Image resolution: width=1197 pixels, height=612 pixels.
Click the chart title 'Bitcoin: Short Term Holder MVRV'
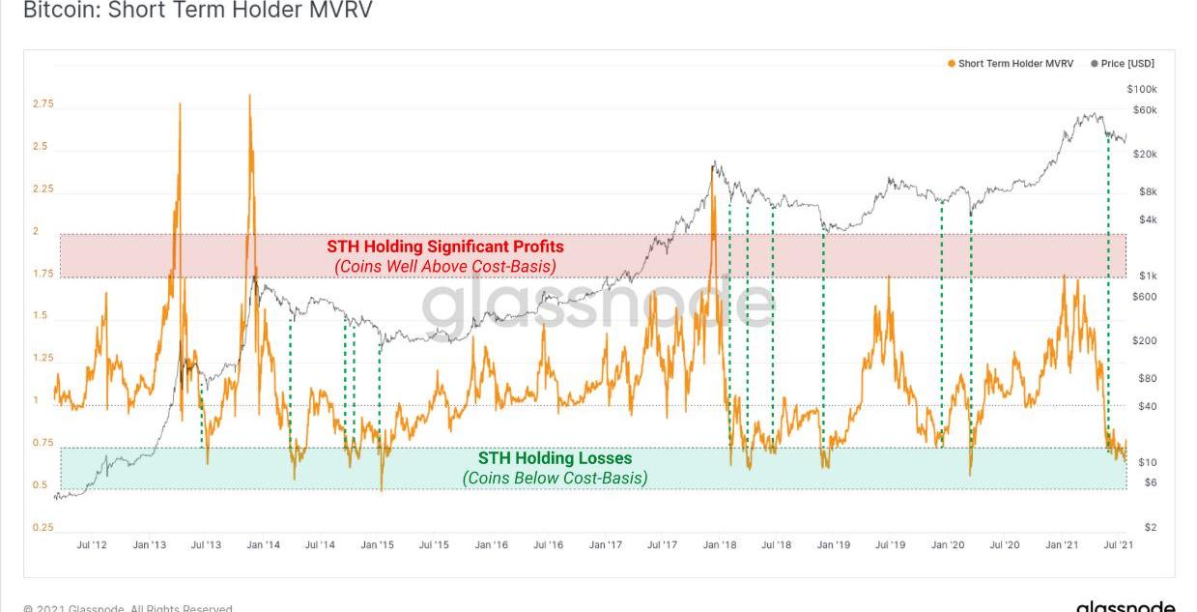click(197, 11)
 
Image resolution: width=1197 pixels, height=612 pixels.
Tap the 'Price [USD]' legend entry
click(1127, 64)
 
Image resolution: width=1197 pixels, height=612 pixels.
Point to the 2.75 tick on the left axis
click(43, 104)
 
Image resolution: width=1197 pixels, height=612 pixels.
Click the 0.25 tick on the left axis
click(43, 528)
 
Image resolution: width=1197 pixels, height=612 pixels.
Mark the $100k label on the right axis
click(1142, 89)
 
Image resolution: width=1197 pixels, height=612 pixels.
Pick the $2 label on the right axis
click(1151, 528)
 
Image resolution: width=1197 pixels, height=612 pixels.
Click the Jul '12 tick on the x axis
click(92, 545)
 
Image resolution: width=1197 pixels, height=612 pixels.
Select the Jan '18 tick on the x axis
click(719, 545)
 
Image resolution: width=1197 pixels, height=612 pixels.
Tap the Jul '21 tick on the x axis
click(1119, 545)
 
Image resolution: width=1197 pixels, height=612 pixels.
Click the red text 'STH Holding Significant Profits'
click(444, 247)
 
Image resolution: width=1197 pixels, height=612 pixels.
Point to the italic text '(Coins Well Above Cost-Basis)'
click(444, 266)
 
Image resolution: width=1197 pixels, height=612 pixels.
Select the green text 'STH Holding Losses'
click(555, 458)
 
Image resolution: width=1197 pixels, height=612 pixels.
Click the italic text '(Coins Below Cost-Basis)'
click(555, 478)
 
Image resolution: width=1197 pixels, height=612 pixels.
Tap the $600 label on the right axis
click(1144, 297)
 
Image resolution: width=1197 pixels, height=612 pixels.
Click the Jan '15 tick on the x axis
click(377, 545)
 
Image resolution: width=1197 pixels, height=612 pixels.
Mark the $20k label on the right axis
click(1144, 155)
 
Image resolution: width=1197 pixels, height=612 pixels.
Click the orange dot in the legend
click(952, 64)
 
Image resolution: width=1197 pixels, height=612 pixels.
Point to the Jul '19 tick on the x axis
click(890, 545)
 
